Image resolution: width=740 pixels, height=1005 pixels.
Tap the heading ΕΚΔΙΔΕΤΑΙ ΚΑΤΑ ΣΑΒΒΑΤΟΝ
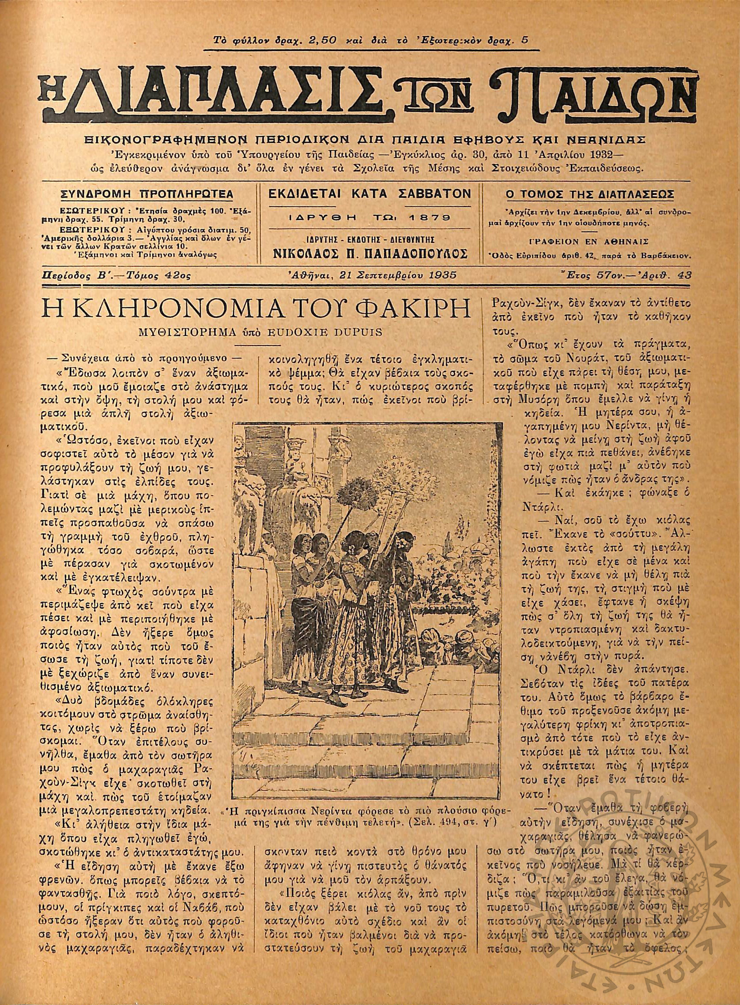(x=369, y=194)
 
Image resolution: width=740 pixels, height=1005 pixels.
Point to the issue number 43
(x=684, y=275)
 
